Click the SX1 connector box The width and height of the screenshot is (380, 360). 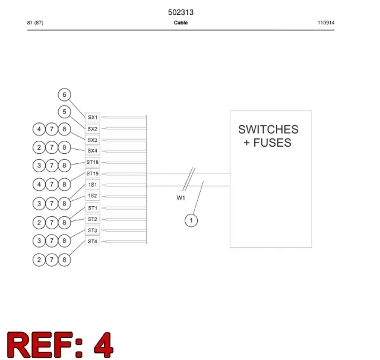[93, 118]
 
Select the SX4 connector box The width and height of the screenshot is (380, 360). [93, 151]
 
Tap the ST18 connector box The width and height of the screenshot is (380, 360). [93, 162]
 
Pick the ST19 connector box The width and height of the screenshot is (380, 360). [93, 173]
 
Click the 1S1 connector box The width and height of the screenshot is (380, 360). [93, 185]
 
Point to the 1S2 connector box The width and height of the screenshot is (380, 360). [93, 196]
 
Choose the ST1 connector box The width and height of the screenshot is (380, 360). [93, 208]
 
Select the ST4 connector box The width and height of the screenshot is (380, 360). [93, 241]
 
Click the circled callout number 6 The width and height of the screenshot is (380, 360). [64, 94]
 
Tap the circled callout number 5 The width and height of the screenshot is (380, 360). [64, 112]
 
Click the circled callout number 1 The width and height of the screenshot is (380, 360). [191, 220]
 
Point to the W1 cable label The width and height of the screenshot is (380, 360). [180, 198]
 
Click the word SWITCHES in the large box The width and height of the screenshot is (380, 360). [268, 130]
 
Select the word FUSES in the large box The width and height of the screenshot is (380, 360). [272, 143]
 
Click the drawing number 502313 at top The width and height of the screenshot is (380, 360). [180, 12]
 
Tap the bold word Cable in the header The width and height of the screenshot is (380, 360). [180, 23]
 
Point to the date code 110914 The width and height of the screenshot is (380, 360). [326, 23]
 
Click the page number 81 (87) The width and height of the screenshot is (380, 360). [35, 23]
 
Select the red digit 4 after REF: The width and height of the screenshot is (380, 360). [103, 345]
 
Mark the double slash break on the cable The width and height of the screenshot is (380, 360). [189, 179]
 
